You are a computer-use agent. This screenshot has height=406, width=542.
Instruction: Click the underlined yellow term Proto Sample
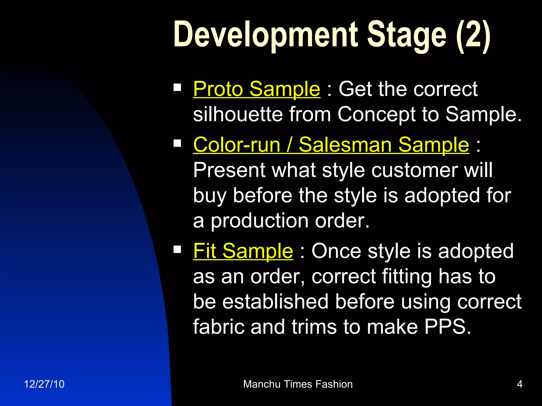click(256, 89)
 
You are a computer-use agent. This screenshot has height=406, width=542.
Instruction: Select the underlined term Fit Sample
click(243, 251)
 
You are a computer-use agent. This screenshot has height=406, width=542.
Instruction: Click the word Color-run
click(237, 145)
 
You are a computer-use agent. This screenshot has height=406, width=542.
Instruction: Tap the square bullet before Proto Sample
click(177, 87)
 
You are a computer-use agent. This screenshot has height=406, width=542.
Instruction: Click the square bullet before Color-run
click(177, 143)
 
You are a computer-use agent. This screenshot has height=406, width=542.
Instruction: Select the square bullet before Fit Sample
click(177, 249)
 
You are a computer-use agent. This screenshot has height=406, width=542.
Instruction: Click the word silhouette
click(238, 114)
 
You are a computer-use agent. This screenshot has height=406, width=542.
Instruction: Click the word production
click(259, 221)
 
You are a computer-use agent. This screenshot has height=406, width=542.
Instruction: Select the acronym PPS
click(448, 327)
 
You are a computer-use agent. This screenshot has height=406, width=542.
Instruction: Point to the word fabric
click(218, 327)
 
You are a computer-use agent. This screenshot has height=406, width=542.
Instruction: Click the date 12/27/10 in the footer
click(44, 384)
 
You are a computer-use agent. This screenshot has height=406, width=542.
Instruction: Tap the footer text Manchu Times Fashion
click(298, 384)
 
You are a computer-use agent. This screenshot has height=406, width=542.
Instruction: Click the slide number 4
click(520, 384)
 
